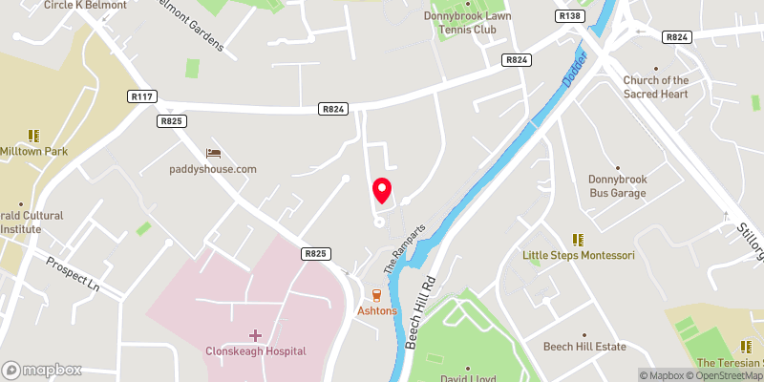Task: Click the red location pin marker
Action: [x=382, y=191]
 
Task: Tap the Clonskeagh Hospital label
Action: [x=255, y=350]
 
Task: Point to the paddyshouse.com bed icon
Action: [x=213, y=153]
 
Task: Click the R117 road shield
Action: [x=140, y=96]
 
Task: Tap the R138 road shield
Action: [x=569, y=16]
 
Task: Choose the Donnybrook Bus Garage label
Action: [x=618, y=186]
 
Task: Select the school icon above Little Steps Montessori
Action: [x=576, y=239]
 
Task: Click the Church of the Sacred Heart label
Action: [x=656, y=87]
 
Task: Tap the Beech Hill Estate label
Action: [x=584, y=347]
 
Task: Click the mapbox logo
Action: [x=41, y=370]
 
